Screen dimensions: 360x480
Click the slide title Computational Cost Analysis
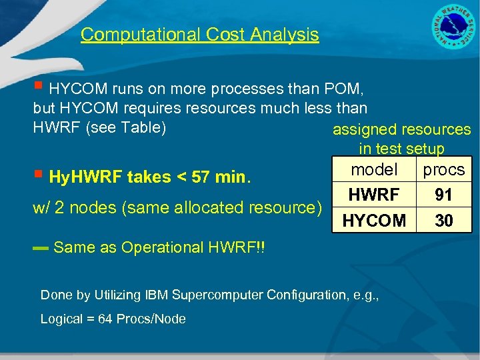pyautogui.click(x=200, y=35)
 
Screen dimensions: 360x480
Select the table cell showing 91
pyautogui.click(x=443, y=195)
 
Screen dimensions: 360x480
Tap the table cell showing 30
pyautogui.click(x=443, y=220)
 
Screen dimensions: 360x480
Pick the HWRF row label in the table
pyautogui.click(x=374, y=195)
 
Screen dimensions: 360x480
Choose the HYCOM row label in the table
pyautogui.click(x=374, y=220)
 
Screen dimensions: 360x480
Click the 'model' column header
pyautogui.click(x=374, y=170)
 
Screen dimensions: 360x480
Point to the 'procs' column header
pyautogui.click(x=443, y=170)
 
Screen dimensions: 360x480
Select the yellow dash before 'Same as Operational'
pyautogui.click(x=41, y=249)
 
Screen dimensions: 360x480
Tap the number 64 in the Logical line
pyautogui.click(x=105, y=319)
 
